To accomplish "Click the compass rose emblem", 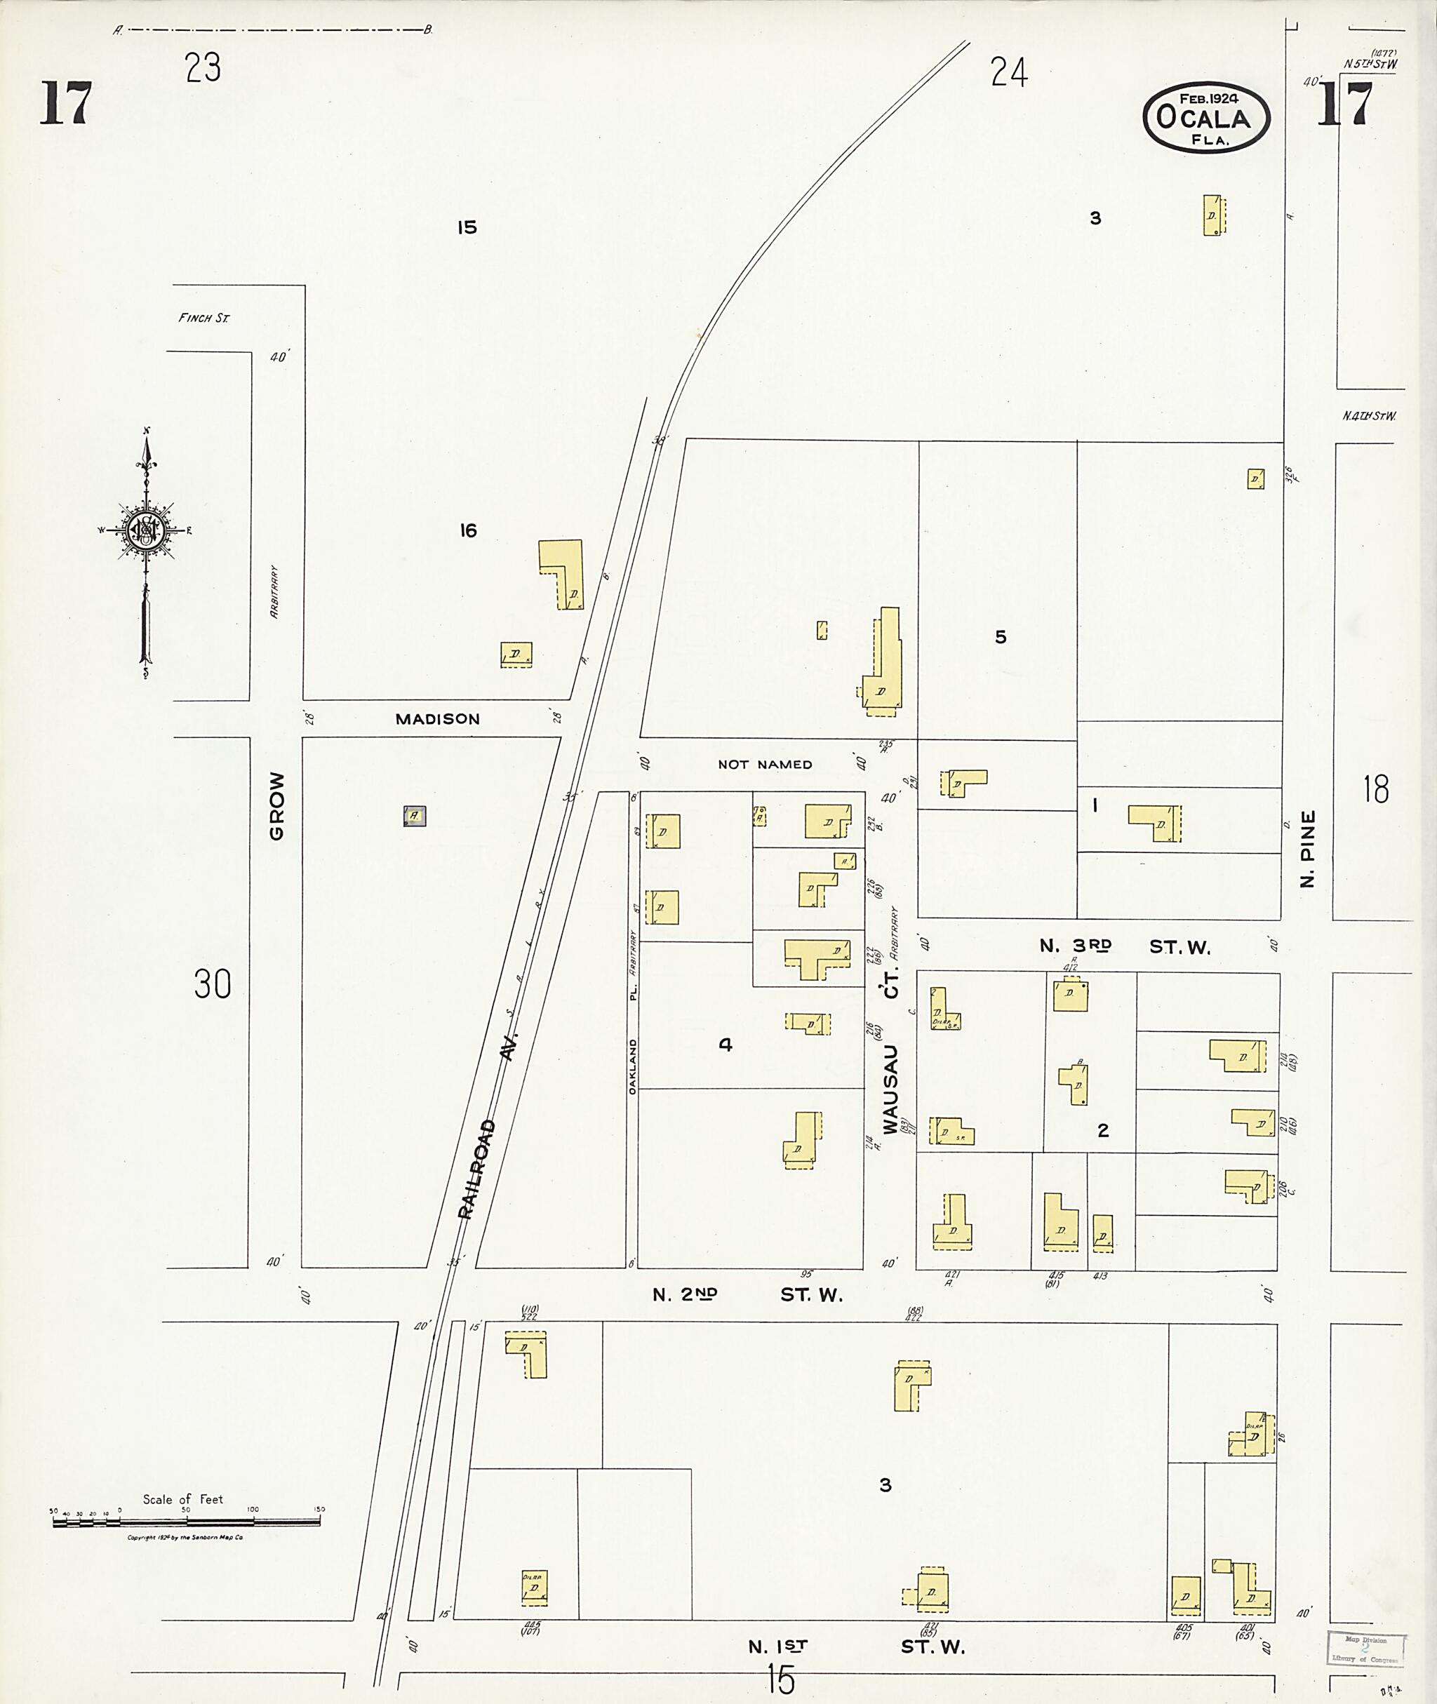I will tap(145, 530).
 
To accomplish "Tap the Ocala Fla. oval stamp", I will tap(1205, 118).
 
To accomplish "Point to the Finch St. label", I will tap(203, 318).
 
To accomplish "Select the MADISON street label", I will tap(437, 719).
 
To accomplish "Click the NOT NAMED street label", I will tap(765, 765).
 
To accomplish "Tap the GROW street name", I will tap(277, 805).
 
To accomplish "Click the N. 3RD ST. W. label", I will tap(1124, 946).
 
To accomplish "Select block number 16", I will tap(467, 531).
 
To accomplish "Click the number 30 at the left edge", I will tap(212, 984).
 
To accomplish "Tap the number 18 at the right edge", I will tap(1376, 789).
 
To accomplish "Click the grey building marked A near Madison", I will tap(415, 815).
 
